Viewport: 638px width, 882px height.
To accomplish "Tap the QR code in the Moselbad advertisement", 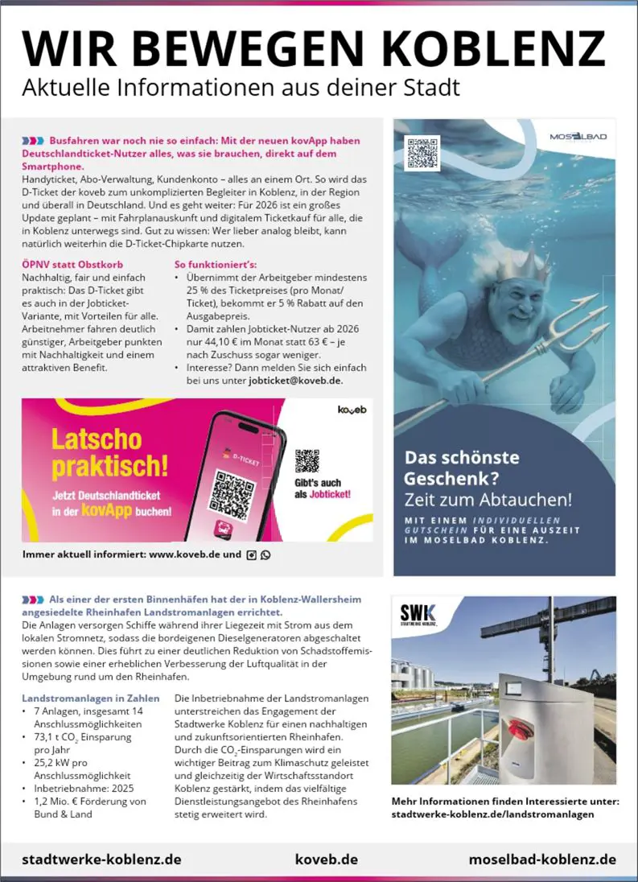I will click(x=422, y=153).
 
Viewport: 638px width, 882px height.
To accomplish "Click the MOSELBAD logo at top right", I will click(x=578, y=137).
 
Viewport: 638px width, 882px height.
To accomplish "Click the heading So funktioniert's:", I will click(x=216, y=263).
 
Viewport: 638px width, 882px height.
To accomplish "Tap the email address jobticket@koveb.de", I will click(x=295, y=380).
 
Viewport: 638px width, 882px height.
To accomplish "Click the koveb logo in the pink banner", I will click(x=352, y=410).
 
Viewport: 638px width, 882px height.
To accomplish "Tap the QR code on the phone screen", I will click(x=233, y=488).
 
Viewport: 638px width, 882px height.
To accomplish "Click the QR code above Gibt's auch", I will click(x=307, y=461).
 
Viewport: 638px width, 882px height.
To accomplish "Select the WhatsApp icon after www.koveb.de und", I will click(x=266, y=554).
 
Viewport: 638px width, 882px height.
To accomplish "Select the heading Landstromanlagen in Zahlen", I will click(x=91, y=698).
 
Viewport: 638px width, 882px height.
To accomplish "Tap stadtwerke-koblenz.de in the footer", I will click(x=101, y=859).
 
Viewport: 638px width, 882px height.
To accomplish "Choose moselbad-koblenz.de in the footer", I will click(x=542, y=859).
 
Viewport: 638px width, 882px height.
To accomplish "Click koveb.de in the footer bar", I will click(x=327, y=859).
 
